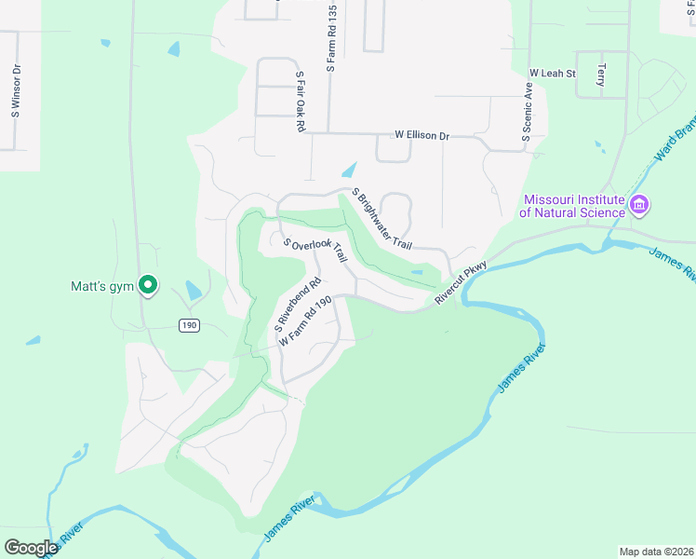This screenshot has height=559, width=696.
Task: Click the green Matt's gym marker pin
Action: point(147,286)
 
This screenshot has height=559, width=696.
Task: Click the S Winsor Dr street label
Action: point(16,89)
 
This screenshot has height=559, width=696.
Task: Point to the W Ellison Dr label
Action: point(422,136)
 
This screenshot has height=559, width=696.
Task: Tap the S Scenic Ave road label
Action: point(527,112)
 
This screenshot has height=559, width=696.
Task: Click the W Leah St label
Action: point(553,73)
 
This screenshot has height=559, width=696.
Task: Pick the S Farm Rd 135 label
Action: point(330,38)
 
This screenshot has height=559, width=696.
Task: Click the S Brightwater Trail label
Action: point(381,219)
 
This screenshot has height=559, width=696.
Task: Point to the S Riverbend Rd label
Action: point(297,304)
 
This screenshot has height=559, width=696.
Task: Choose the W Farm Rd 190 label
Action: point(305,322)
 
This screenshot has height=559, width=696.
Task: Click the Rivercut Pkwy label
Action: point(461,281)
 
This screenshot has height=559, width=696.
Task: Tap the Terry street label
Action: point(601,75)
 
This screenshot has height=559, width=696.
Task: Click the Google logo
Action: point(32,547)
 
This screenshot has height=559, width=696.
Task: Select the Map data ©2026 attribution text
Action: point(656,551)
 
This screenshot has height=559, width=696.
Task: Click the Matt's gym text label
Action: point(103,286)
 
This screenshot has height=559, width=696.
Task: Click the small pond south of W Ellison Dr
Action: point(349,170)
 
